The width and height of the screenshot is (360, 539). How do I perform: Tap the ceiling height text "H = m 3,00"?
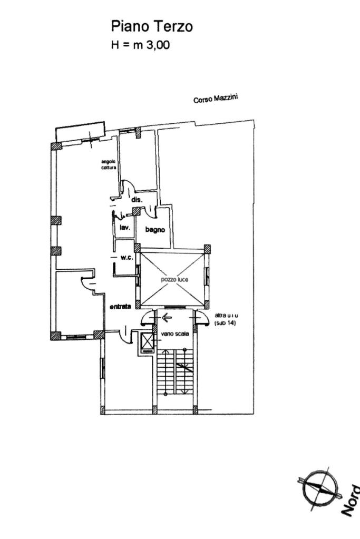point(140,45)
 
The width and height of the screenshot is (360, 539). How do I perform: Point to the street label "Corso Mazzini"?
point(216,98)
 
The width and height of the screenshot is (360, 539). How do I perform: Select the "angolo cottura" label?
point(109,164)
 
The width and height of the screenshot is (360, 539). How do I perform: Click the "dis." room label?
point(138,200)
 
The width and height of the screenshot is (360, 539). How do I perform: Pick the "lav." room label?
point(125,228)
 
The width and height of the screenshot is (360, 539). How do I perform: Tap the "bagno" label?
point(155,230)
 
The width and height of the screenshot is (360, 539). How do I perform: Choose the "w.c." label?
point(126,258)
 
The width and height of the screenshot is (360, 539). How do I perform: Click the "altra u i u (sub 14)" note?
point(225,319)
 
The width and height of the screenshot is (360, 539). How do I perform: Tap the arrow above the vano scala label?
point(168,318)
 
